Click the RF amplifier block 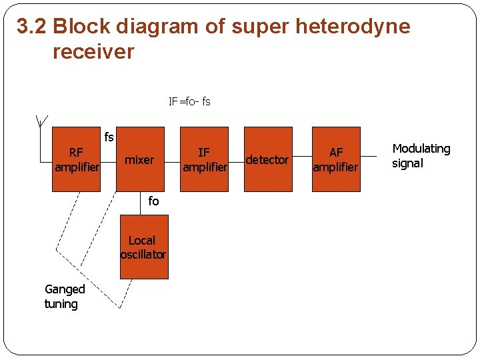tap(76, 159)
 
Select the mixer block tap(139, 159)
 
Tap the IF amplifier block tap(205, 159)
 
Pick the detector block tap(267, 159)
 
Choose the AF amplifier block tap(335, 159)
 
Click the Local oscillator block tap(143, 247)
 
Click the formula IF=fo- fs tap(189, 101)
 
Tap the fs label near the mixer tap(109, 137)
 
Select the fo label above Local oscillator tap(153, 201)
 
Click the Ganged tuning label tap(65, 296)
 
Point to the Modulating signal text tap(421, 155)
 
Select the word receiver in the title tap(93, 51)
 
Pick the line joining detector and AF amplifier tap(302, 159)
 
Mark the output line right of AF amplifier tap(373, 159)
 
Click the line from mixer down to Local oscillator tap(144, 203)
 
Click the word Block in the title tap(81, 27)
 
